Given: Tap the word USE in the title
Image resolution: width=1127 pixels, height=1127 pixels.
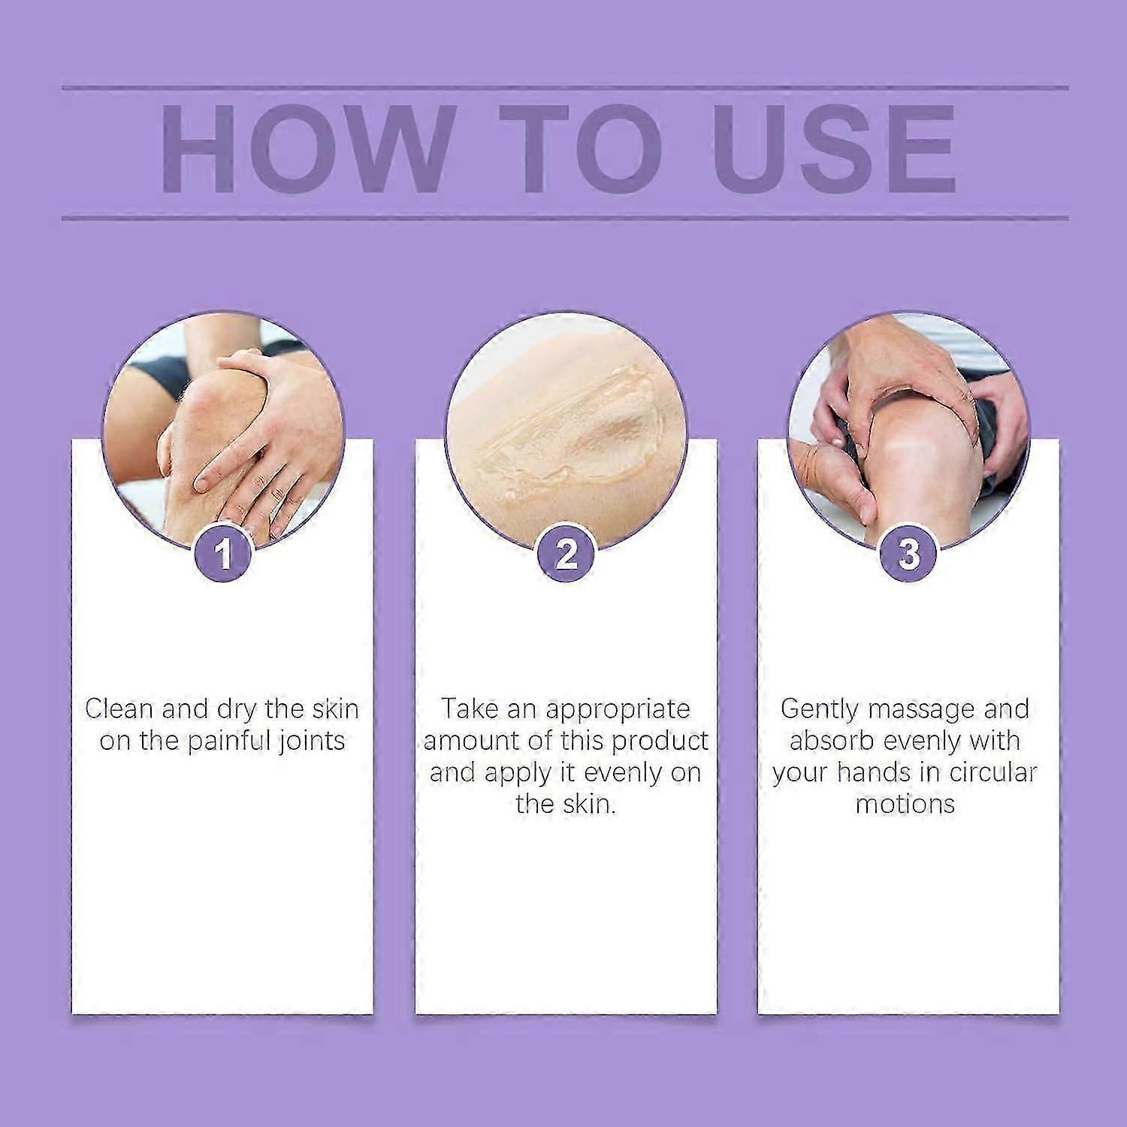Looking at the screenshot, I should (834, 150).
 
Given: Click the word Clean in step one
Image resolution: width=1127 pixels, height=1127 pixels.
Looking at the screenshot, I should (119, 709).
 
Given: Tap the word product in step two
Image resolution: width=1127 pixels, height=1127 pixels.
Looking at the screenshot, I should (659, 742).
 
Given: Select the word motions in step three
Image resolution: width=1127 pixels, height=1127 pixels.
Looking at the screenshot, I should (905, 805).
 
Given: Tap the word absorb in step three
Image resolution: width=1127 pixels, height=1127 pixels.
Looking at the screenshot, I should (832, 742).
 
